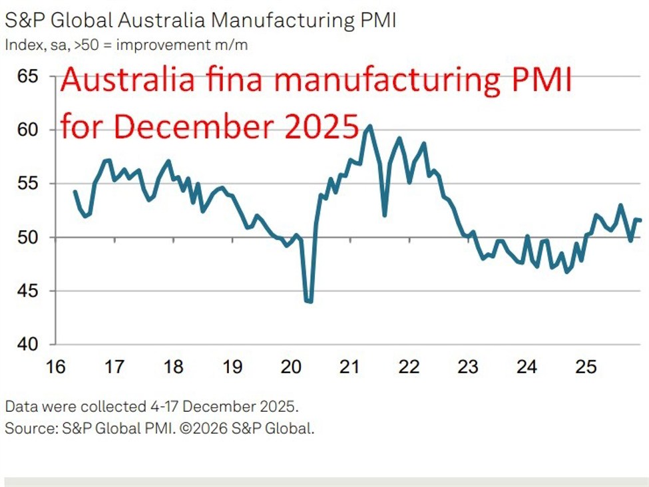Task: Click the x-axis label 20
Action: point(291,367)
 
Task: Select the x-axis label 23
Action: point(468,367)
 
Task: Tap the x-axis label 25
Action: point(585,367)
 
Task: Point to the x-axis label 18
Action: point(173,367)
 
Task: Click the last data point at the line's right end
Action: point(640,220)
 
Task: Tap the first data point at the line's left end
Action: point(75,192)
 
